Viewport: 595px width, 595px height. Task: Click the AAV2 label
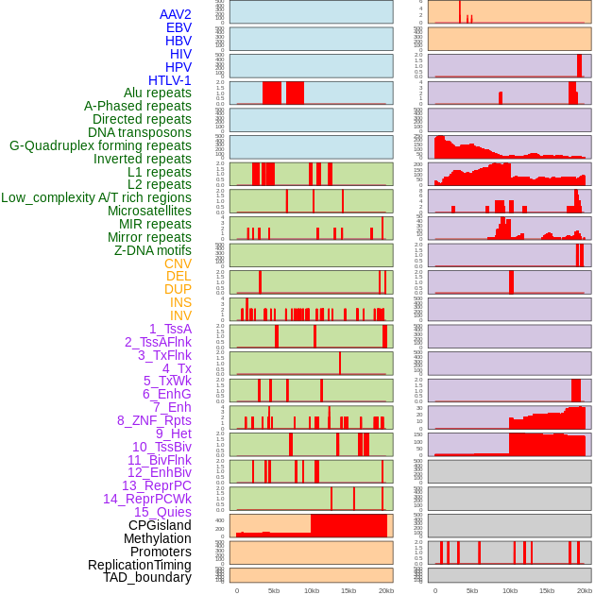(176, 14)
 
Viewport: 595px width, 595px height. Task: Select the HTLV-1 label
(169, 80)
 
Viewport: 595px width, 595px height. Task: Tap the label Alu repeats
(157, 93)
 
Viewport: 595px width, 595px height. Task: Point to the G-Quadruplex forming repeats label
(100, 145)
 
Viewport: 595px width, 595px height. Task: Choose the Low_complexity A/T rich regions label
(96, 197)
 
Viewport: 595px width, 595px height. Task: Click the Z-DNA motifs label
(152, 250)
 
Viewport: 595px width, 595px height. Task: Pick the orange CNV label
(178, 263)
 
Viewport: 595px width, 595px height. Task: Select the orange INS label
(180, 302)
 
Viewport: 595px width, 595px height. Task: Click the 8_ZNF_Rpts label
(154, 420)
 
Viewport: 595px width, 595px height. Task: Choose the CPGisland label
(160, 525)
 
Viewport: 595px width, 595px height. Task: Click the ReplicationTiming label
(139, 565)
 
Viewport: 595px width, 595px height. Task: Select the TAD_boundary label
(146, 577)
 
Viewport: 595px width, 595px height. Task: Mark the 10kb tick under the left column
(311, 590)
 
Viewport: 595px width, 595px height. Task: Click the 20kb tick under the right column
(584, 590)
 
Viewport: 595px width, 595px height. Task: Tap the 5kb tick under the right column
(472, 590)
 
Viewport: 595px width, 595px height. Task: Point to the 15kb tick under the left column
(348, 590)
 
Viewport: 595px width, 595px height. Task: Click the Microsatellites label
(149, 211)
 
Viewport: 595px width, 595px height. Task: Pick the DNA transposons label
(140, 132)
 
